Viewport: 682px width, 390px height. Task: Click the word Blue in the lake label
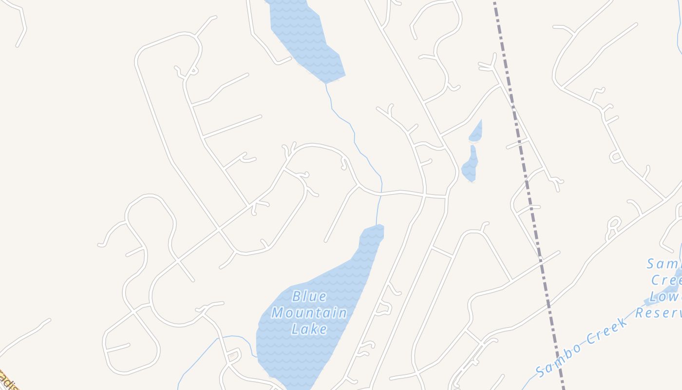pyautogui.click(x=309, y=296)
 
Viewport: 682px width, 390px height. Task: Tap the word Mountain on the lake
pyautogui.click(x=309, y=312)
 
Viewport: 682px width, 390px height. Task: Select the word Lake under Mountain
pyautogui.click(x=309, y=329)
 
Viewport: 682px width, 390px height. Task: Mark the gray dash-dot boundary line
pyautogui.click(x=530, y=195)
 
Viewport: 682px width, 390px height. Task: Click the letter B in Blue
pyautogui.click(x=296, y=296)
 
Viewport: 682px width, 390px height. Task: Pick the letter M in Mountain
pyautogui.click(x=278, y=312)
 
